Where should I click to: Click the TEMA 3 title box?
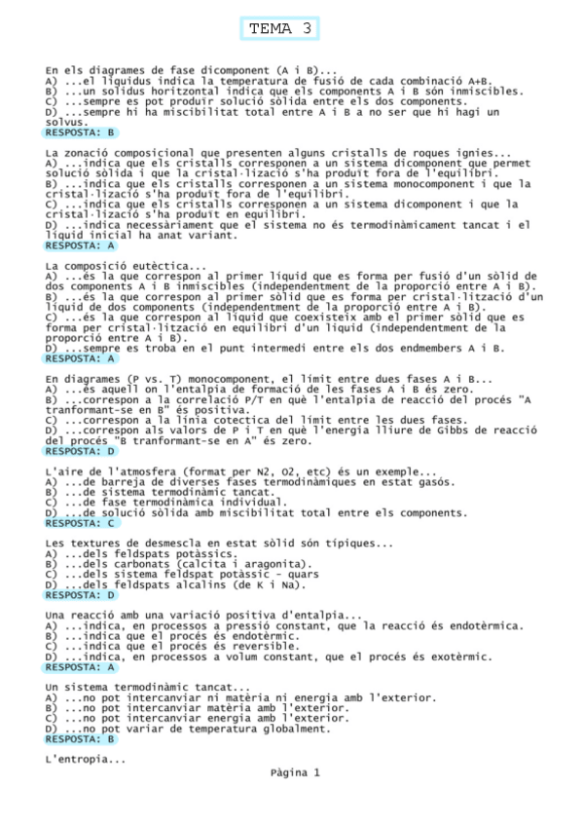click(280, 29)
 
